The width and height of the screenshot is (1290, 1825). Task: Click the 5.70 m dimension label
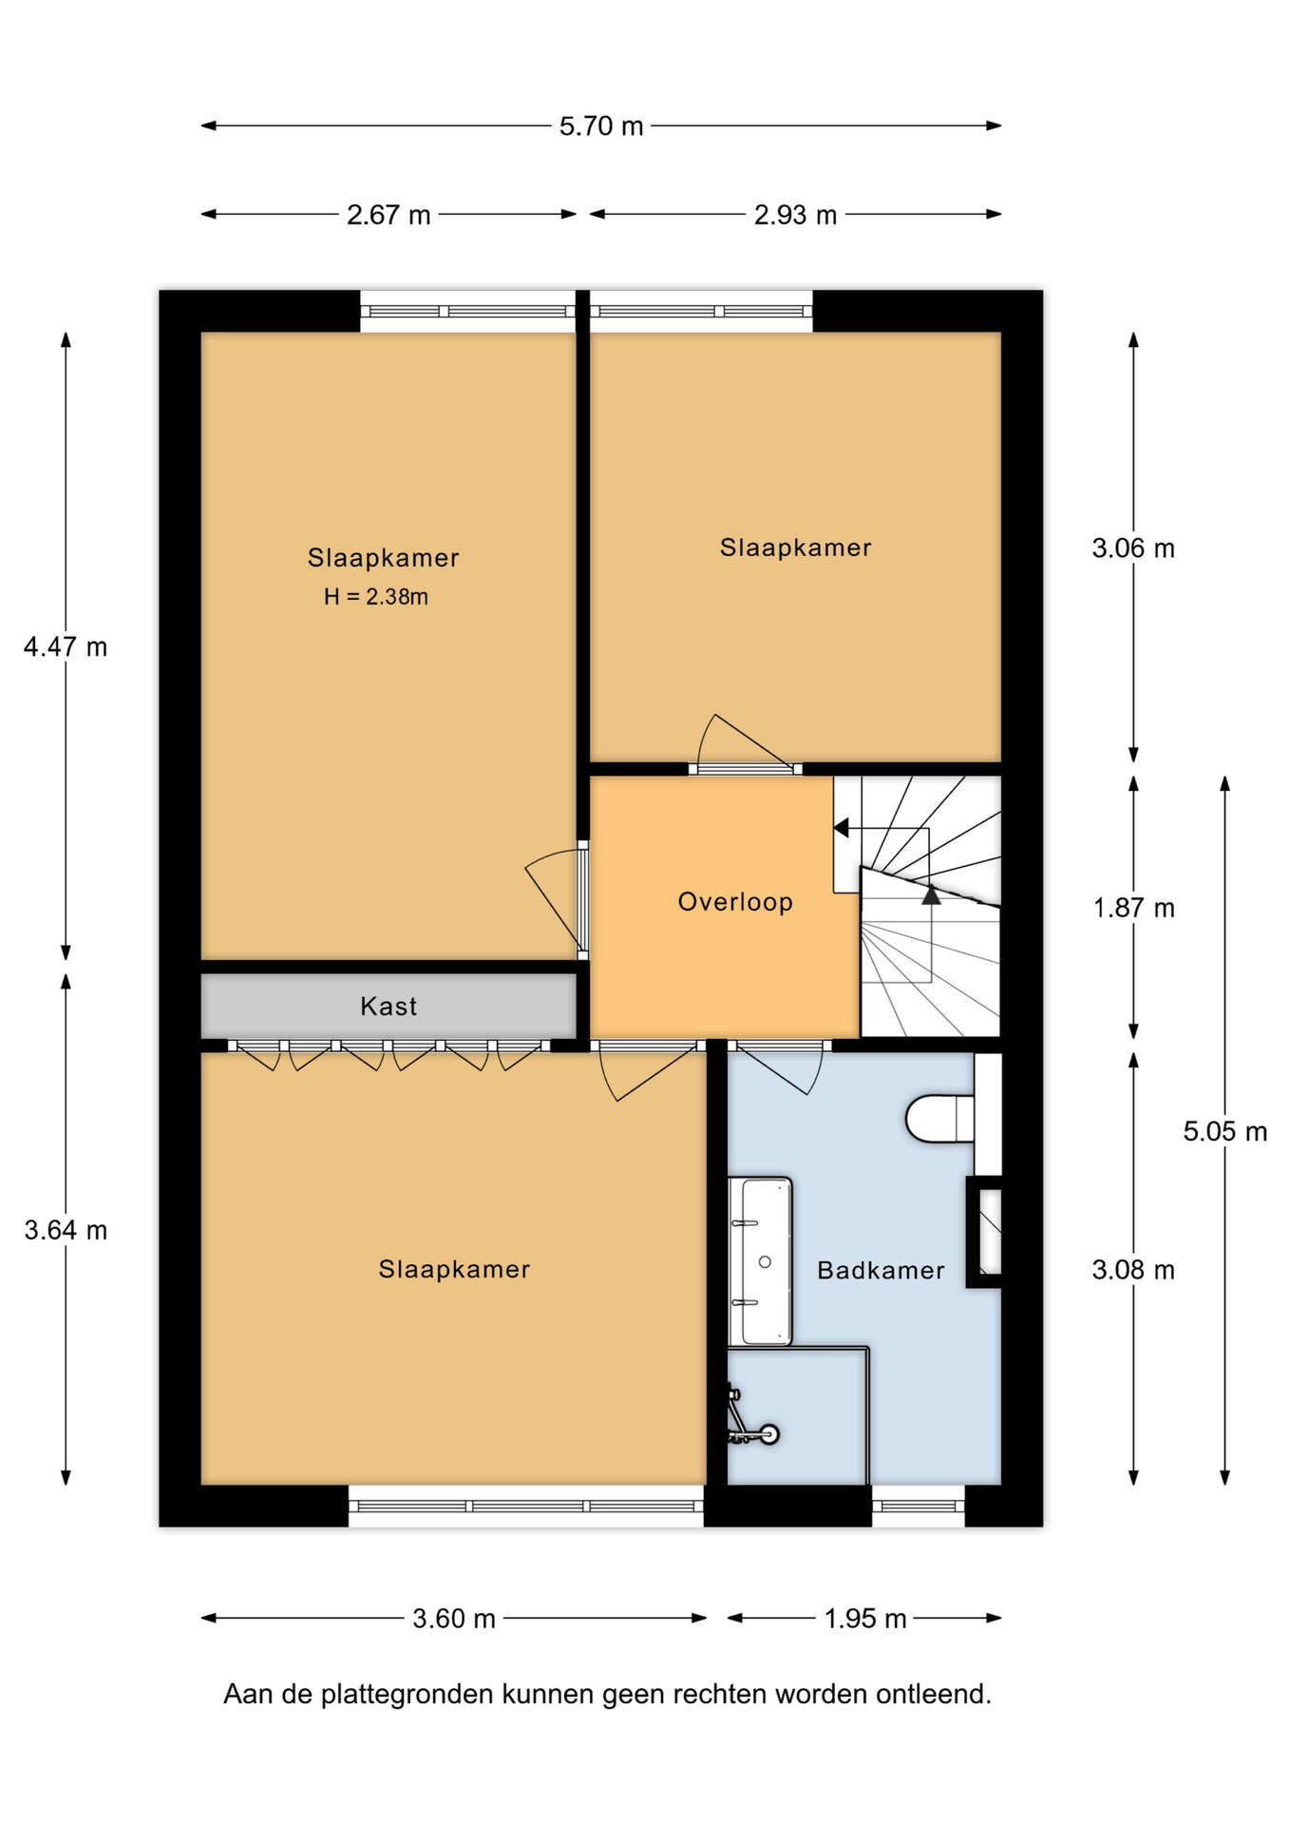click(600, 125)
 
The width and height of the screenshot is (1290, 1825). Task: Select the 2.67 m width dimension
click(389, 215)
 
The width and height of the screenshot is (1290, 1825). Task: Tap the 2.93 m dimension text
click(795, 215)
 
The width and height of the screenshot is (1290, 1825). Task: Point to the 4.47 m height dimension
click(66, 647)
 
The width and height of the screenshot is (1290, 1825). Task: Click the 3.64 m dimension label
click(66, 1231)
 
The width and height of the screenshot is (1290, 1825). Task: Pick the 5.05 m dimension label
click(1224, 1131)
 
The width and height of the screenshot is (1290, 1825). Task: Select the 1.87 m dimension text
click(1133, 908)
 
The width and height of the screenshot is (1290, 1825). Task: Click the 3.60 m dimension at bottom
click(454, 1619)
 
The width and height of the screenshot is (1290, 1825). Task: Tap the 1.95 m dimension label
click(865, 1619)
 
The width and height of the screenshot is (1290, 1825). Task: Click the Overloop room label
click(735, 902)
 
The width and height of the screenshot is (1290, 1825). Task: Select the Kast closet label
click(389, 1006)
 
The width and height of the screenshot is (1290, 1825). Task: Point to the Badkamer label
click(881, 1271)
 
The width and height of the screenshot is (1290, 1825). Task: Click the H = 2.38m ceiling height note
click(376, 597)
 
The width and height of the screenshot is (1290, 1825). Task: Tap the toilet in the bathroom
click(940, 1118)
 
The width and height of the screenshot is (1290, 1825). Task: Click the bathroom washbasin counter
click(760, 1261)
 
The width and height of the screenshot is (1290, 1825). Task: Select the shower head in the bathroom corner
click(768, 1433)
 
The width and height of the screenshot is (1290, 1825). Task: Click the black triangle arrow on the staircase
click(931, 894)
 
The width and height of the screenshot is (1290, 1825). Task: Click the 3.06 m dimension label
click(1133, 548)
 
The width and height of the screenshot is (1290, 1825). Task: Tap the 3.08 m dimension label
click(1133, 1271)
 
